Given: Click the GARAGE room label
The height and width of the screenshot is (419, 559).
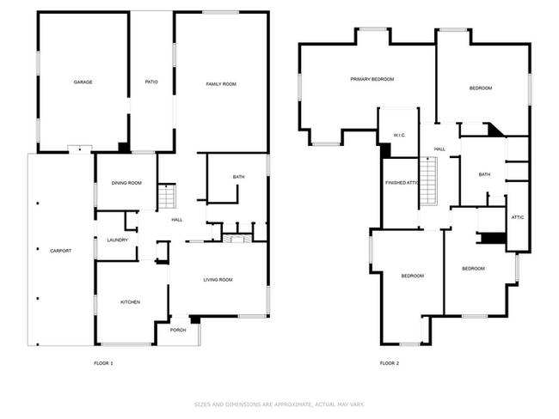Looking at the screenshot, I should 83,82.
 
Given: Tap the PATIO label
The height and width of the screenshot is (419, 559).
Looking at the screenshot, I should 151,82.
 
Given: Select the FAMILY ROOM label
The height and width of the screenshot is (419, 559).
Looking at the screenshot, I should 221,83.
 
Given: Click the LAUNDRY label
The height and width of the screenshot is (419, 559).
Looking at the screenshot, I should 118,240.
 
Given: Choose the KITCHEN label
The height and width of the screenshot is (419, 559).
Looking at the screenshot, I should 130,302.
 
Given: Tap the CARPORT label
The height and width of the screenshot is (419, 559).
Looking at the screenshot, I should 60,251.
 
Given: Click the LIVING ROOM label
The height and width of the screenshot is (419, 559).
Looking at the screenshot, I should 218,280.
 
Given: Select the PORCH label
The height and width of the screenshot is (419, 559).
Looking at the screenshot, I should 178,330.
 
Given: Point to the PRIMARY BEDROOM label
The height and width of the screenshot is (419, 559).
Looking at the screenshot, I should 372,79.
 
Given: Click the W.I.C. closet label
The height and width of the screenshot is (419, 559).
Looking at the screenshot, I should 399,135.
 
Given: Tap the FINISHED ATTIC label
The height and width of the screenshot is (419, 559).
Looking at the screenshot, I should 402,183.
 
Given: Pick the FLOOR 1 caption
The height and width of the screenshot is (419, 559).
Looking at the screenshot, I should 103,364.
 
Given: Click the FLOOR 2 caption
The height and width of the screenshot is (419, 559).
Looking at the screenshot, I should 390,364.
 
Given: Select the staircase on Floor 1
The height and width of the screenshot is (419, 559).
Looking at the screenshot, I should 167,197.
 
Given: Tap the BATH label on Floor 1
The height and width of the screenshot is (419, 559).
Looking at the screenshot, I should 238,177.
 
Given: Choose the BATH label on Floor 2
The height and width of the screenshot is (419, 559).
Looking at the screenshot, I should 485,175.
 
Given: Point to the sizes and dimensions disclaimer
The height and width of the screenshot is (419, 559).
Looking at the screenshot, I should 279,404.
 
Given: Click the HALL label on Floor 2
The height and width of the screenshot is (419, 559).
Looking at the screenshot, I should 439,149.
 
